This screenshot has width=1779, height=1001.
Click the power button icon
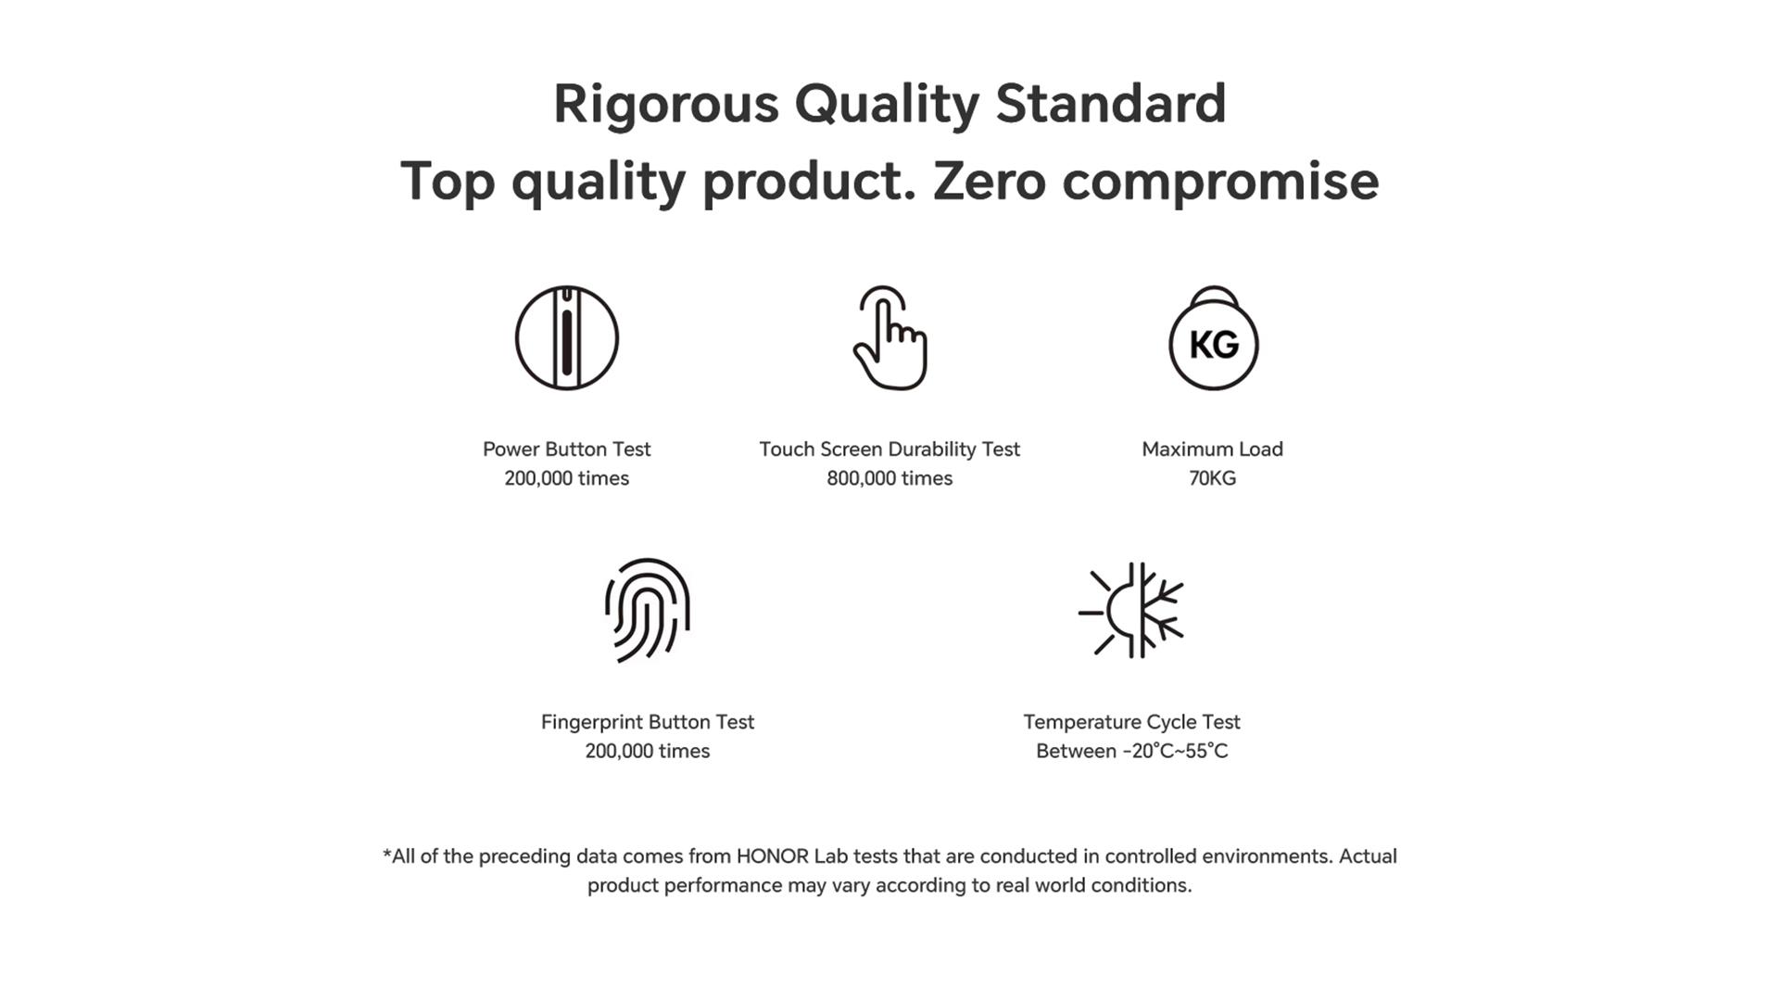tap(566, 337)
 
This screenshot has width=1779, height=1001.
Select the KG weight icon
tap(1213, 337)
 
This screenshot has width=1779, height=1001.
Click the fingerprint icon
tap(648, 610)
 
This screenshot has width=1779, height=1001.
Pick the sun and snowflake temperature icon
tap(1131, 610)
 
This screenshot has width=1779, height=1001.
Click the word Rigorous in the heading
tap(665, 104)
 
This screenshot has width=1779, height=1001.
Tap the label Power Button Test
tap(566, 450)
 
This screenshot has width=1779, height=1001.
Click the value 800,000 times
tap(889, 478)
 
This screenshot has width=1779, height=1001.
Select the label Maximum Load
tap(1212, 450)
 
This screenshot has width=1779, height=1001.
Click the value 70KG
tap(1212, 478)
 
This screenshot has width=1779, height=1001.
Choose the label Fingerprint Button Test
tap(648, 722)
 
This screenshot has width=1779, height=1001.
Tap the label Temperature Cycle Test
tap(1131, 722)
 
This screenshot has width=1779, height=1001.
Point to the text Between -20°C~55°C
tap(1131, 751)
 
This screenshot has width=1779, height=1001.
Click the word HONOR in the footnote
tap(772, 856)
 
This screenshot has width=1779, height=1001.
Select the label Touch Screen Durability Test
tap(889, 450)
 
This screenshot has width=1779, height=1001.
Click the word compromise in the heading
tap(1220, 182)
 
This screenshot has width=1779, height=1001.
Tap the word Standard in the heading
tap(1110, 103)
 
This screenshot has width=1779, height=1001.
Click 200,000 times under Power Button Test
tap(566, 478)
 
